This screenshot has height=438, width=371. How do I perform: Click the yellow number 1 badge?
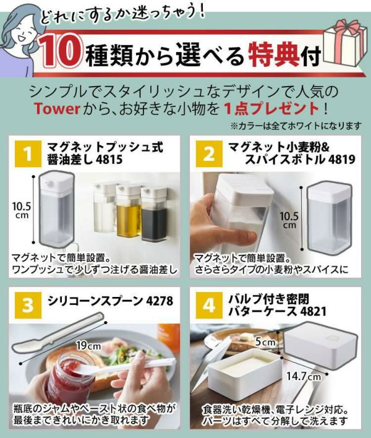point(28,154)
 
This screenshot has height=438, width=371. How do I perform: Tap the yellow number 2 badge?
point(209,154)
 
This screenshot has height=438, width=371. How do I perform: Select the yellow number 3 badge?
point(28,306)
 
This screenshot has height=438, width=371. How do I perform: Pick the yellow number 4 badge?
point(209,306)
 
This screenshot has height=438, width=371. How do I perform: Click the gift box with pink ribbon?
point(345,42)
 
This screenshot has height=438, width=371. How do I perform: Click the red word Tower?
point(58,109)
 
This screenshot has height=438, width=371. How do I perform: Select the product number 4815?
point(109,160)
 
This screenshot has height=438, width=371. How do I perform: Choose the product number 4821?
point(313,311)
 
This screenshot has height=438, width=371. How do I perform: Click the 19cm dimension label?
point(89,346)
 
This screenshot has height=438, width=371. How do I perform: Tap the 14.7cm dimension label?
point(304,376)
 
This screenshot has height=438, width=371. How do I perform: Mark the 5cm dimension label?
point(265,341)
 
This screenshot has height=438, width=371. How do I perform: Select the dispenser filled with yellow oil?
point(128,212)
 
